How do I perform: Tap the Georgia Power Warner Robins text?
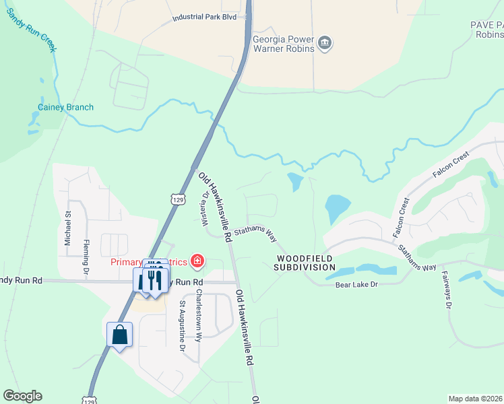point(283,44)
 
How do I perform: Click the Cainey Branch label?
point(65,107)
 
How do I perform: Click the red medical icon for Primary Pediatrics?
point(197,260)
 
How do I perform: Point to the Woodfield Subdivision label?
point(305,263)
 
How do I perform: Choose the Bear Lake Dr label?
point(357,285)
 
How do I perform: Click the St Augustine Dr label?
point(182,326)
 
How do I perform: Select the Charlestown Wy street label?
point(198,316)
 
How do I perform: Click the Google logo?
point(22,396)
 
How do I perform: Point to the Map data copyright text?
point(475,399)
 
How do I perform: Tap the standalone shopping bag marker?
point(119,335)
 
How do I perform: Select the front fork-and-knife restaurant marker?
point(155,279)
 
